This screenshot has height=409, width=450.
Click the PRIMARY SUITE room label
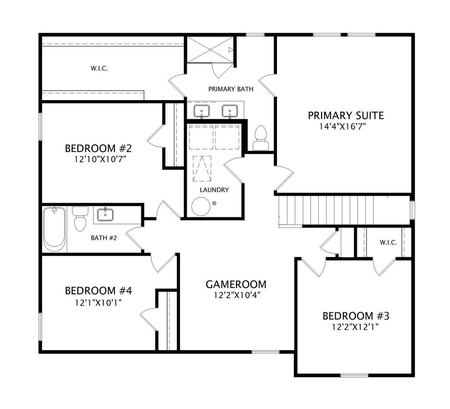coord(346,115)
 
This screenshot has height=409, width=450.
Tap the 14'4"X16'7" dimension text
coord(343,127)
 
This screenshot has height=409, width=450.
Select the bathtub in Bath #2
coord(54,229)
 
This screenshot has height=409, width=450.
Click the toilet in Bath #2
coord(80,219)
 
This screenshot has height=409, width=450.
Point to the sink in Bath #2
coord(105,214)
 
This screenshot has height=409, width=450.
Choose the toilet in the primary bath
coord(261,138)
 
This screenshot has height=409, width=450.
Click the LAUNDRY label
coord(214,190)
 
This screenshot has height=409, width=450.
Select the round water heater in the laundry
coord(201,206)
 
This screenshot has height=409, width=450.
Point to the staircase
coord(344,211)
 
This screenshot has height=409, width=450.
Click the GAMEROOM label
coord(236,284)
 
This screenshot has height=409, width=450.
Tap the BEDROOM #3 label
coord(356,316)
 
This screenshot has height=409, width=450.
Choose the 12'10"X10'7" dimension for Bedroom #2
coord(100,159)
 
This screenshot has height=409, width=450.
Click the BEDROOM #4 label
coord(98,291)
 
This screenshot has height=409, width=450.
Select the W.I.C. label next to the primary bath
coord(99,69)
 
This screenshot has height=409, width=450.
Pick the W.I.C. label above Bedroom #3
coord(389,242)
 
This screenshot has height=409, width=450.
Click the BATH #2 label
coord(104,238)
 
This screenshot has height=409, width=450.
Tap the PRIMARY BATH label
coord(231,89)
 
